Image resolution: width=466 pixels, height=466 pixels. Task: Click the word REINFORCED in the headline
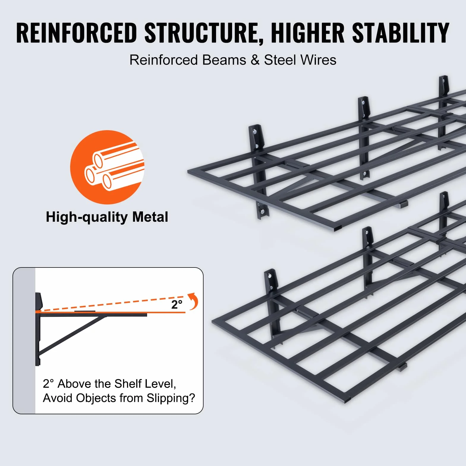click(77, 33)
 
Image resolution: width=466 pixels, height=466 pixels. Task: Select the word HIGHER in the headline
click(308, 33)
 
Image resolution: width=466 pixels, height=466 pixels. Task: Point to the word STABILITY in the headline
click(401, 33)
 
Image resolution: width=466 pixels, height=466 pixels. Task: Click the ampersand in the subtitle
click(255, 60)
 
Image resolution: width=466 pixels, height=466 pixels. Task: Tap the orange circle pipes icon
click(107, 167)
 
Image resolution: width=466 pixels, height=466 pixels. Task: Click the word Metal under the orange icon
click(150, 217)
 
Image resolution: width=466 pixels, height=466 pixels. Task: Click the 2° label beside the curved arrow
click(177, 304)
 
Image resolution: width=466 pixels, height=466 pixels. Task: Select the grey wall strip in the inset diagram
click(24, 341)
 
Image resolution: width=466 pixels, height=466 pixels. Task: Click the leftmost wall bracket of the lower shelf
click(274, 308)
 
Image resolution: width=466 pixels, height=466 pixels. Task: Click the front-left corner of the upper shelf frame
click(189, 171)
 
